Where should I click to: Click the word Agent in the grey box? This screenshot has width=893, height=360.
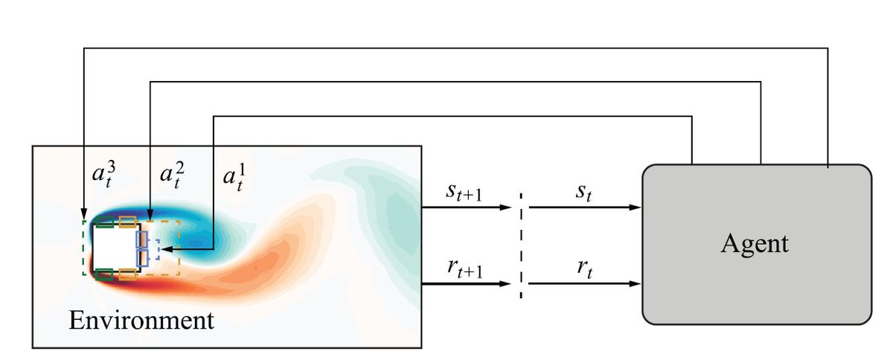tap(754, 245)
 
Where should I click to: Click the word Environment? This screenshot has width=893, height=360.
tap(141, 321)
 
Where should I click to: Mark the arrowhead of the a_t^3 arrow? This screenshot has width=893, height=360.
tap(84, 215)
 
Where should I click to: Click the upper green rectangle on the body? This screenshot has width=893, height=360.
tap(104, 220)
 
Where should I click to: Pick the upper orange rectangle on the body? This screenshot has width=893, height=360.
tap(127, 220)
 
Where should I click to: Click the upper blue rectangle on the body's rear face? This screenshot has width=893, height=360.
tap(142, 240)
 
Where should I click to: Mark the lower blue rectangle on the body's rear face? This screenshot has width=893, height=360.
tap(142, 257)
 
